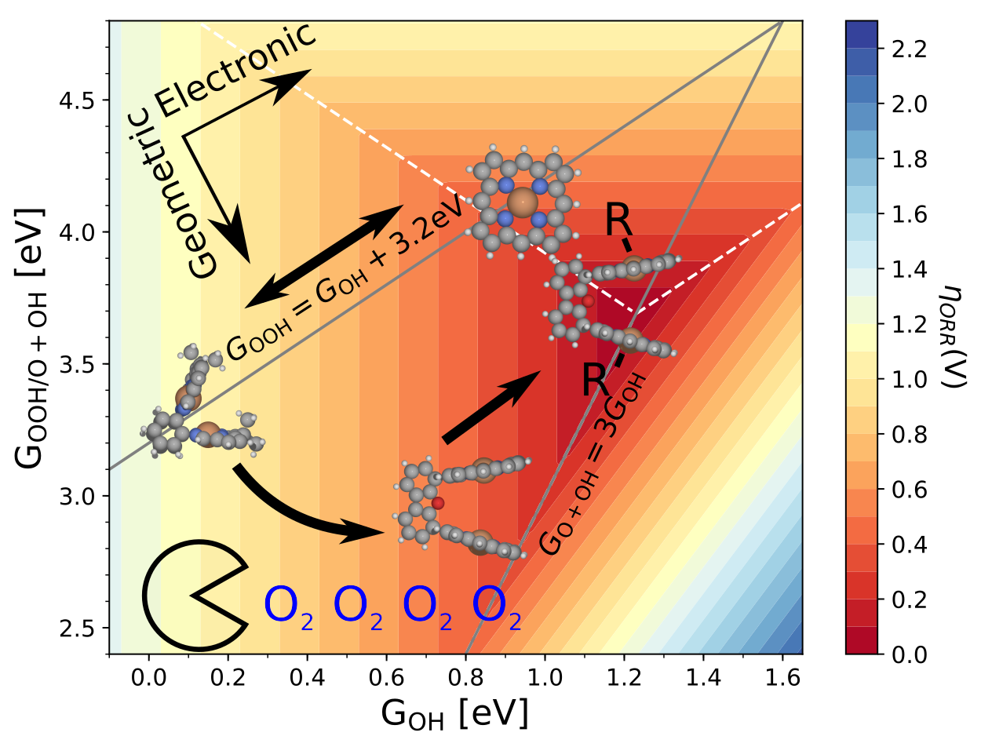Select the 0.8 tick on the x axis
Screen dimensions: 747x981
[465, 675]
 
